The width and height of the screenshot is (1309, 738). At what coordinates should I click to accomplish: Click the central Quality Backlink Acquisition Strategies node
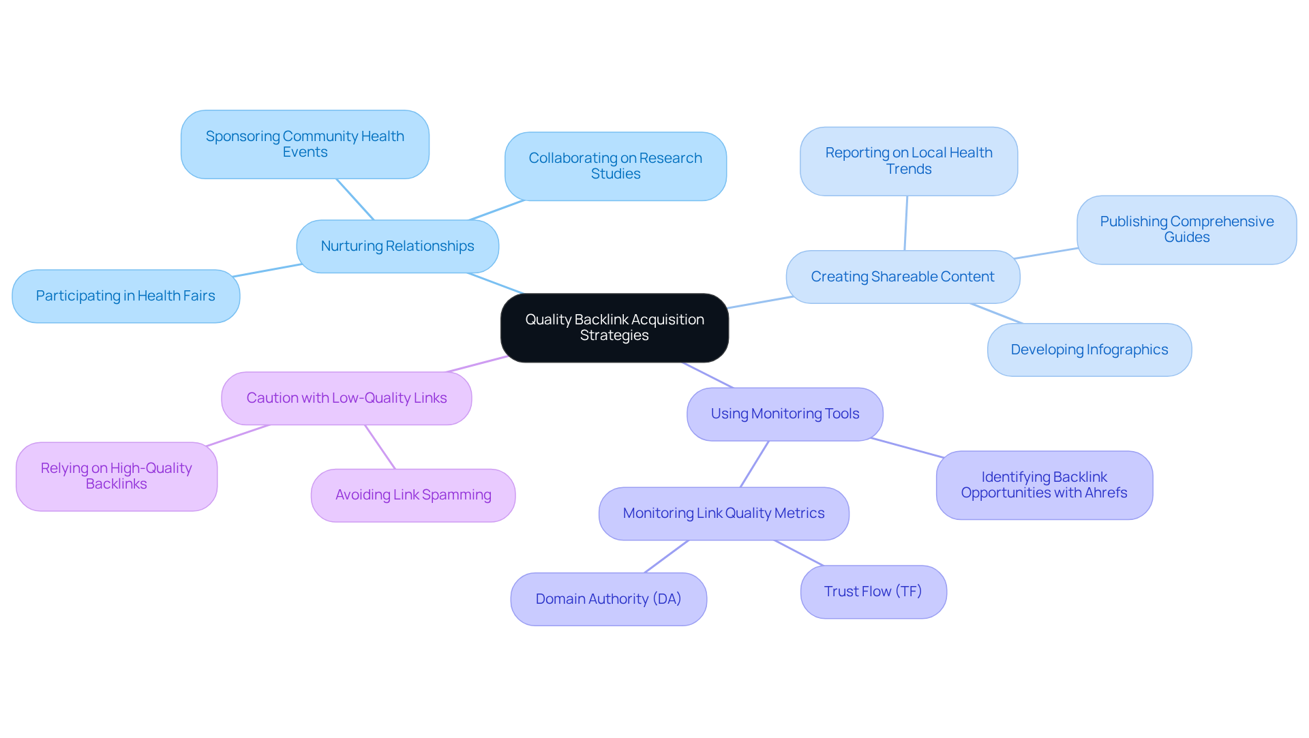point(614,328)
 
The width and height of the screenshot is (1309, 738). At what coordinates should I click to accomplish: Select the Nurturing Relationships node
point(397,246)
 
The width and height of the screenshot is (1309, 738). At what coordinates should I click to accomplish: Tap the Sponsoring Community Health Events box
point(305,144)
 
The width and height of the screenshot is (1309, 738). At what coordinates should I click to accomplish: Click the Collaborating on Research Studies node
point(615,166)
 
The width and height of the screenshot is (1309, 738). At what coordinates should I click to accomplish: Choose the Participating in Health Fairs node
point(125,296)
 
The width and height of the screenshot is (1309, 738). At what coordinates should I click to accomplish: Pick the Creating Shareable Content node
point(902,277)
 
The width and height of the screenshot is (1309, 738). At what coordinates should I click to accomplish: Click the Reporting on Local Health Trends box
point(908,161)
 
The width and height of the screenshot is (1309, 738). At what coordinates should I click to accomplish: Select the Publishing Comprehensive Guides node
point(1186,230)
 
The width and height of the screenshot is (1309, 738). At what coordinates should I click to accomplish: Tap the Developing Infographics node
point(1089,350)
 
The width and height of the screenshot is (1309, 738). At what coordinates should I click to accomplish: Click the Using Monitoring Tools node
point(785,414)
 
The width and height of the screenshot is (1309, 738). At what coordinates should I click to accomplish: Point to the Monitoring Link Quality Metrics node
point(723,513)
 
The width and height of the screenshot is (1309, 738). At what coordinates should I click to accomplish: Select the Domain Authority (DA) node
point(608,599)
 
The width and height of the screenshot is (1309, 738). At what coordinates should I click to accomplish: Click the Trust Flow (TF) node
point(873,591)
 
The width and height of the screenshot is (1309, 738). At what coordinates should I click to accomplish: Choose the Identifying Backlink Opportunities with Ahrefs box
point(1044,485)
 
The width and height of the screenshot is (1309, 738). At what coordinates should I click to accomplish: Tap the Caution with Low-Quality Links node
point(346,398)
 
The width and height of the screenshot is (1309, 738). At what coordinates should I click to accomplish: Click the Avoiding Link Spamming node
point(412,495)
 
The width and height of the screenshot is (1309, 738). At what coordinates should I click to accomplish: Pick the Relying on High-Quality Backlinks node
point(116,476)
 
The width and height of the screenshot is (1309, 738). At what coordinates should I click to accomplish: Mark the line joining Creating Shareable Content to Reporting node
point(906,224)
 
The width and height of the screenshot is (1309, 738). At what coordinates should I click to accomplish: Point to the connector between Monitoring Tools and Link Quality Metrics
point(755,464)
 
